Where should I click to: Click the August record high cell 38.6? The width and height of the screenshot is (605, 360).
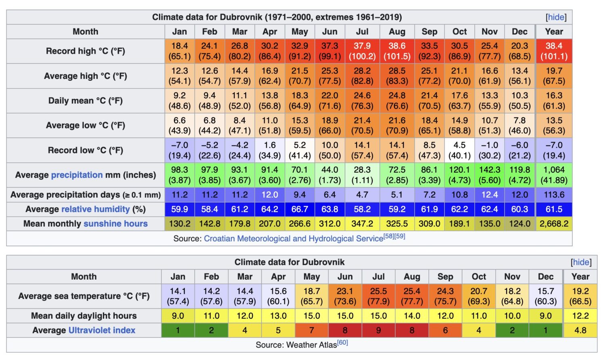tap(397, 51)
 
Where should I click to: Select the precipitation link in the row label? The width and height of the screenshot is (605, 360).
tap(77, 175)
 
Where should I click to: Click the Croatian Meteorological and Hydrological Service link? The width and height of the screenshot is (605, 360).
tap(293, 239)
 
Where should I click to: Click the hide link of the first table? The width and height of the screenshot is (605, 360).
tap(556, 17)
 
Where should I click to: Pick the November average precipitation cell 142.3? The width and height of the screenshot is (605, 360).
tap(489, 175)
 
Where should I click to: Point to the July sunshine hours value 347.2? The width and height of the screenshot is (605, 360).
tap(362, 224)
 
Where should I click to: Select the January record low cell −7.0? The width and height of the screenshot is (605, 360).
tap(179, 150)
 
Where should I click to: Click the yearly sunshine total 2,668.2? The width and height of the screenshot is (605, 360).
tap(554, 224)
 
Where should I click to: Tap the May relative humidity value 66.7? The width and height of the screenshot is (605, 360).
tap(299, 209)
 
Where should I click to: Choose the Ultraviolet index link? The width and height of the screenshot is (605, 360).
tap(102, 330)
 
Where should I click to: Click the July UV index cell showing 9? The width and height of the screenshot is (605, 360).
tap(378, 330)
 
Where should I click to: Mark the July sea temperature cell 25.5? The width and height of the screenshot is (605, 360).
tap(378, 296)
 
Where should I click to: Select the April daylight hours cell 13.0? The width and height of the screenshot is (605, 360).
tap(278, 316)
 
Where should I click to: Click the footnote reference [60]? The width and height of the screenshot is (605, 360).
tap(342, 343)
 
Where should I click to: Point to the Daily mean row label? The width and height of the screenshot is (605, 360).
tap(86, 100)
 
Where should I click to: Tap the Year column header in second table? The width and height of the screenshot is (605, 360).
tap(580, 276)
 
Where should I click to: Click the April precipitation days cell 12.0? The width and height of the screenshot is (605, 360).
tap(269, 195)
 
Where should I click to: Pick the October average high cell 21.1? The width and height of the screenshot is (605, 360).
tap(459, 76)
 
